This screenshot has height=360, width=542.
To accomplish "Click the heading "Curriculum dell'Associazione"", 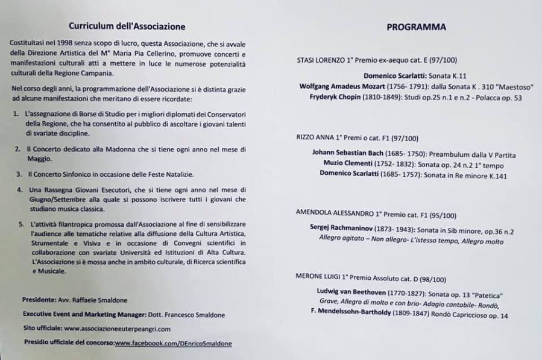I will tap(127, 27).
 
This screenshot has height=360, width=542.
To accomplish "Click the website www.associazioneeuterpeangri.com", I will tap(117, 329).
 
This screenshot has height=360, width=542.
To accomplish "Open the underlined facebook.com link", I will tap(173, 343).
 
